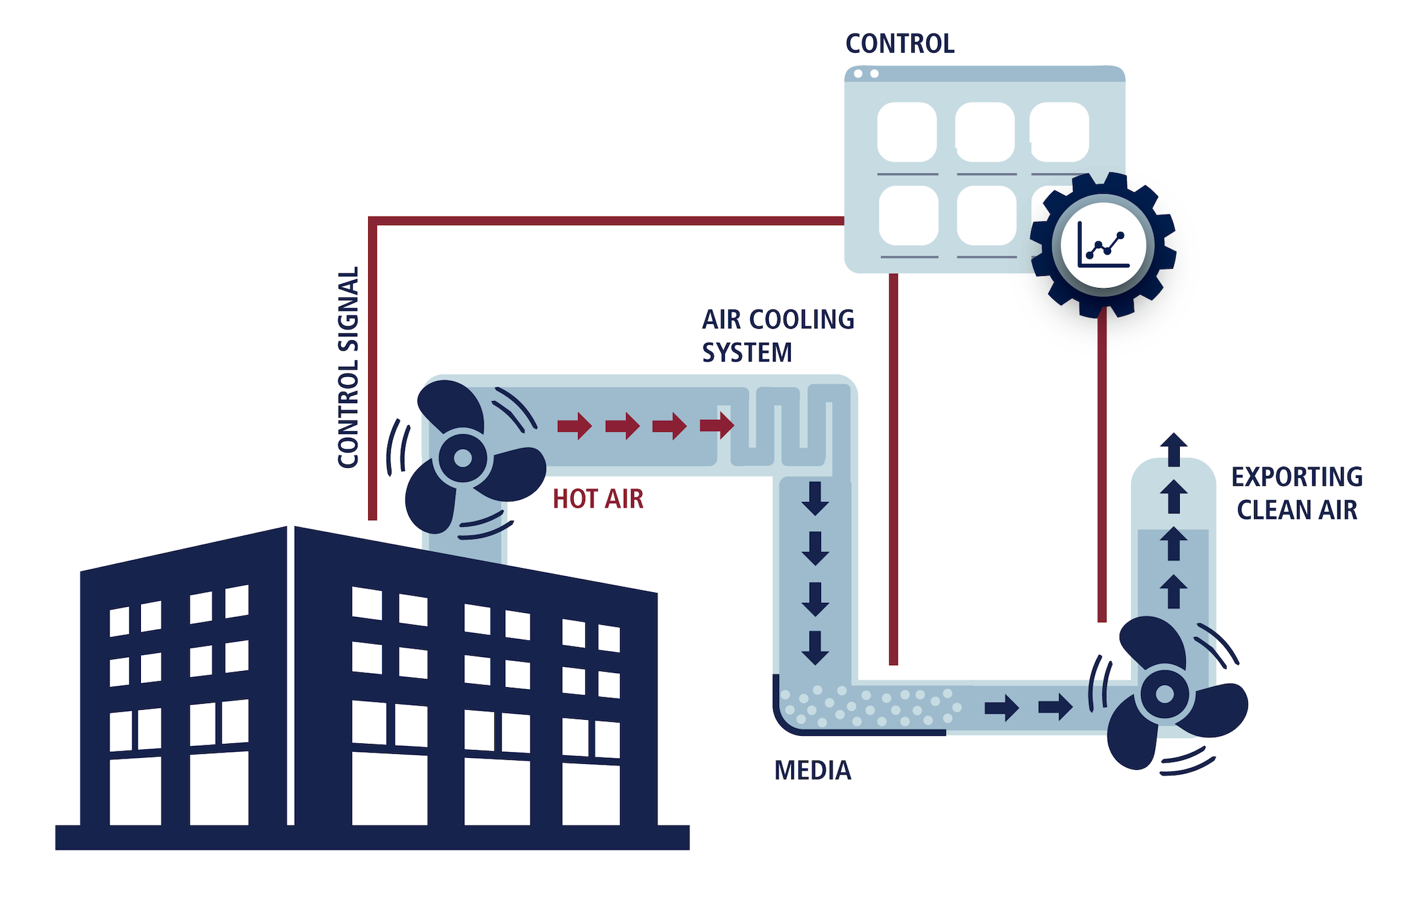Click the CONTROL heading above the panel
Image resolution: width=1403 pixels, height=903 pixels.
coord(899,44)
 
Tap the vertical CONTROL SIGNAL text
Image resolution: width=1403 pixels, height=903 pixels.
coord(348,368)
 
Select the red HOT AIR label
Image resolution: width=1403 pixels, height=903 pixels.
coord(598,499)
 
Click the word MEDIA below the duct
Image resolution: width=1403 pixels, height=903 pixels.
coord(812,771)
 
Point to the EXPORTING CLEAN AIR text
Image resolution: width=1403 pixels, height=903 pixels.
coord(1296,493)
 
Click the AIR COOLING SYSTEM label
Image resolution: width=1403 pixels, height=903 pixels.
coord(777,336)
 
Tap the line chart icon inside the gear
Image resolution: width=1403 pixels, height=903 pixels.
coord(1103,245)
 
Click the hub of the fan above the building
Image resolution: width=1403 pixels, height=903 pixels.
coord(462,459)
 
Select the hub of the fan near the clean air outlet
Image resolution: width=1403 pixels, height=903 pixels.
coord(1164,694)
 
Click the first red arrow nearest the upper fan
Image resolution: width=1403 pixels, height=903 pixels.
coord(575,425)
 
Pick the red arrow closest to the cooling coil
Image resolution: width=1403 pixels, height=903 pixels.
coord(717,424)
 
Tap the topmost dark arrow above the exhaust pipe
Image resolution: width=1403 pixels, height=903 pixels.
coord(1174,449)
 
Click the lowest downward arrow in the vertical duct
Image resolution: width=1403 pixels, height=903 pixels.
coord(815,647)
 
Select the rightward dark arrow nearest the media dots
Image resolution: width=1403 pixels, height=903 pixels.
coord(1001,707)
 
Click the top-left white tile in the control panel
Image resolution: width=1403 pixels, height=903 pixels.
coord(907,132)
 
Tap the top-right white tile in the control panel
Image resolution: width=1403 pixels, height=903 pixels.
coord(1059,132)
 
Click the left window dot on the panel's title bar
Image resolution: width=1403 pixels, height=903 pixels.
coord(858,74)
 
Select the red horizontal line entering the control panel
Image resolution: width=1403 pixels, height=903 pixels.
coord(601,221)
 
